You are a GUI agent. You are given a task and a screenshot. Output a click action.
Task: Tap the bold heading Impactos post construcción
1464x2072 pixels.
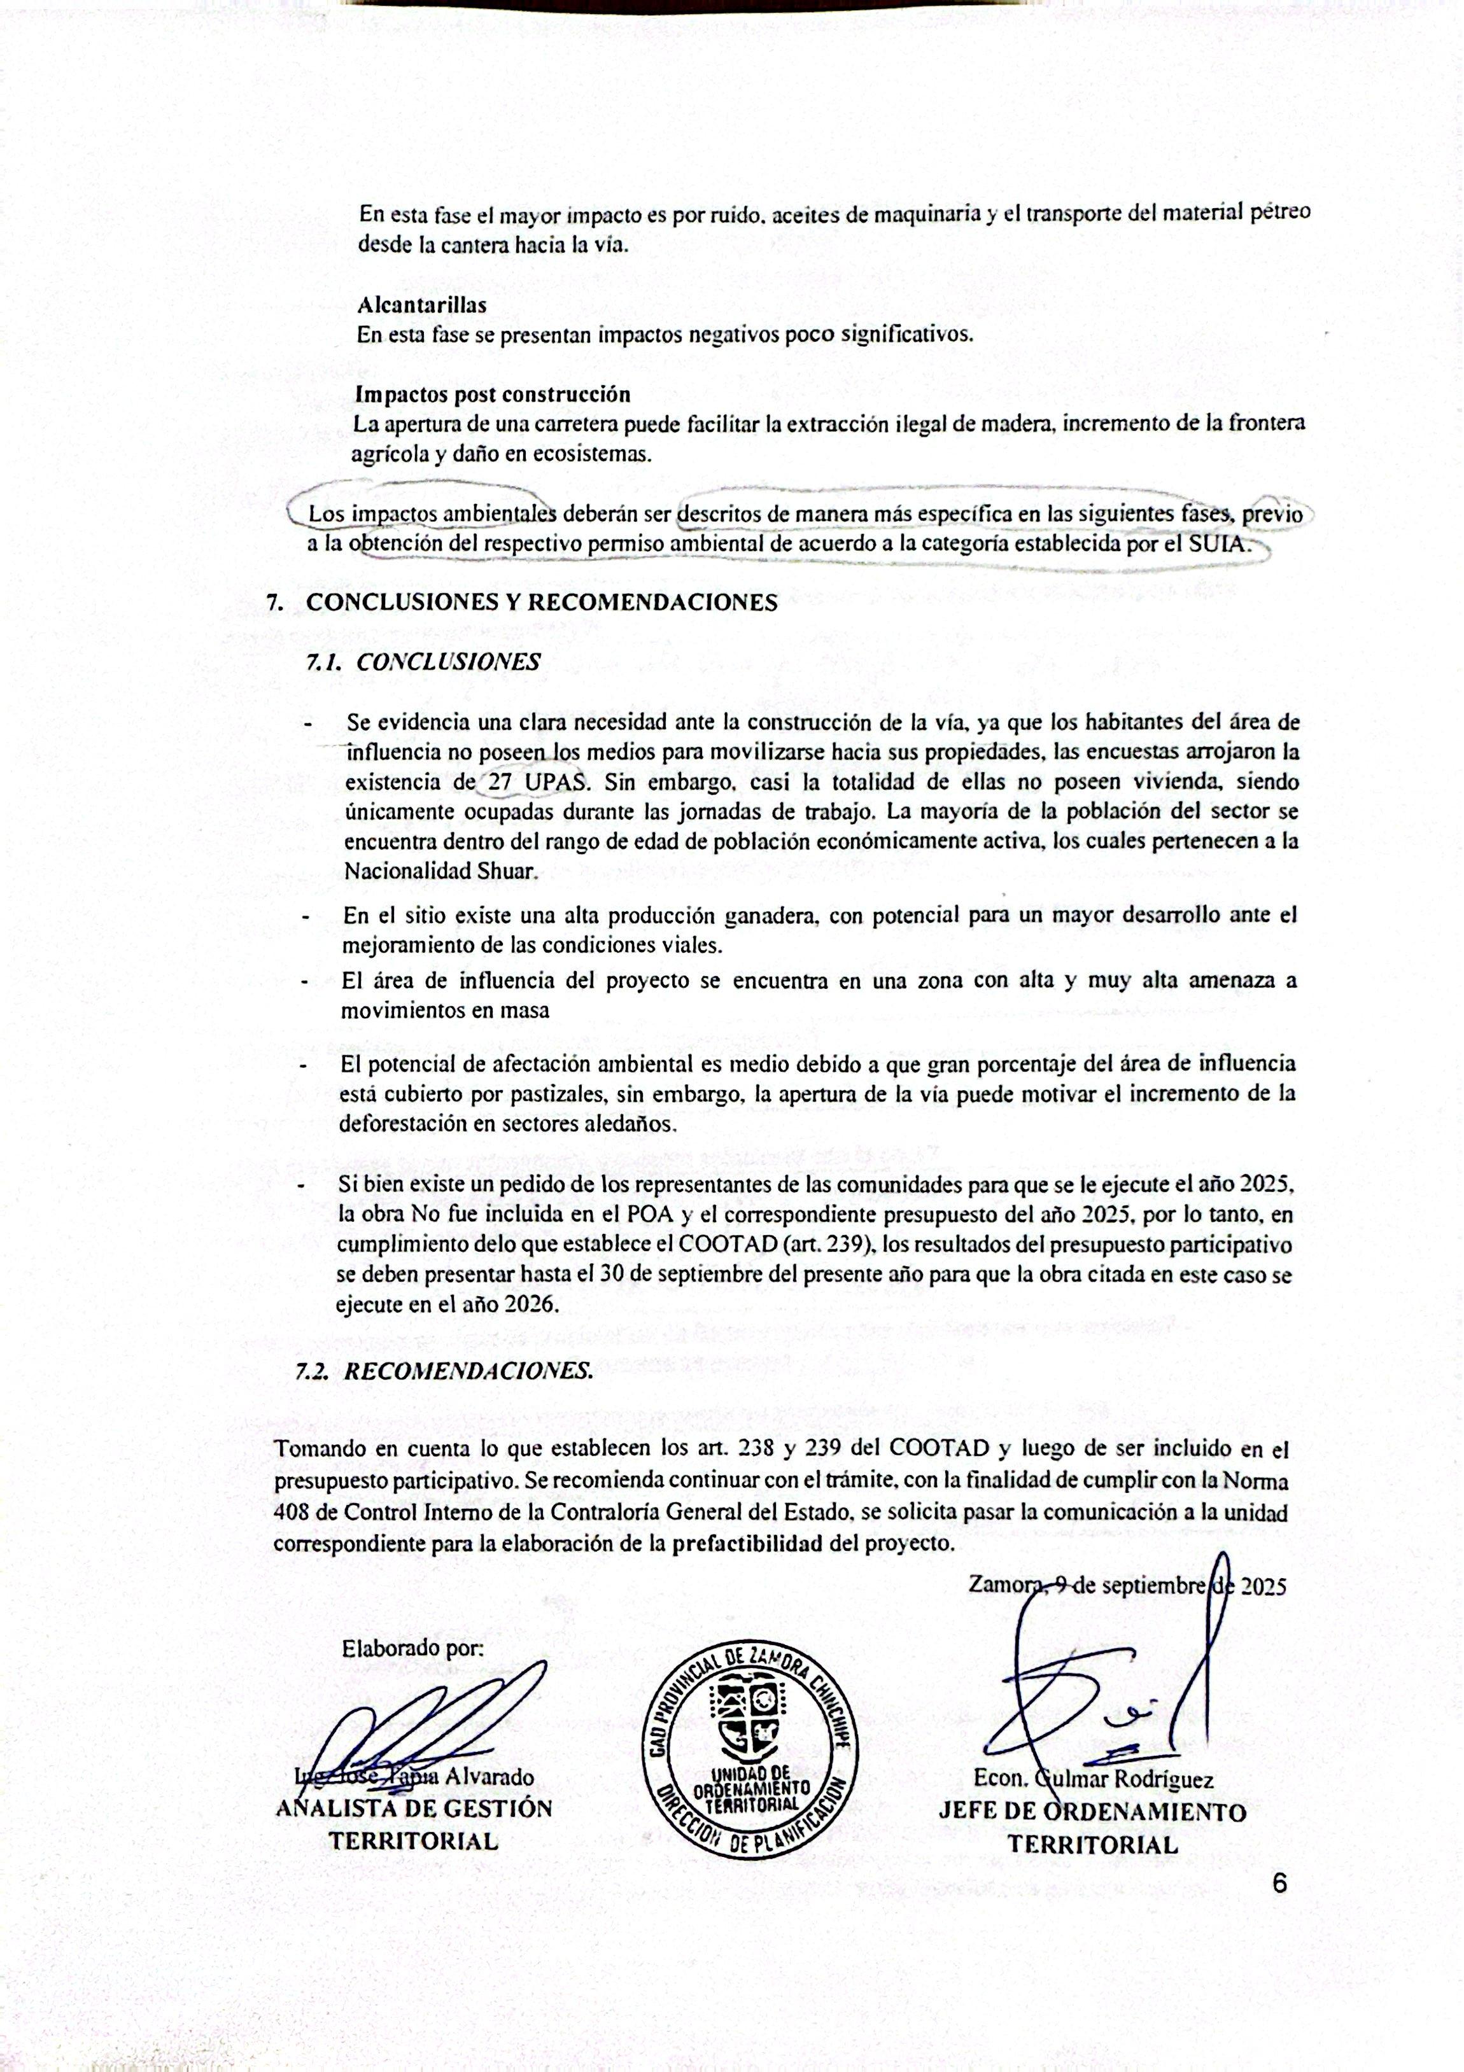492,395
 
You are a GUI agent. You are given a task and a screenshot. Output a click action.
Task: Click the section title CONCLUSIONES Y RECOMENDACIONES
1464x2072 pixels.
542,603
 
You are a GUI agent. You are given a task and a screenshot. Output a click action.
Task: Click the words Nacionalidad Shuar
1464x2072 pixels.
440,872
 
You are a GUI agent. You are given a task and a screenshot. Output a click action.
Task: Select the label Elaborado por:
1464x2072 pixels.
412,1649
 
